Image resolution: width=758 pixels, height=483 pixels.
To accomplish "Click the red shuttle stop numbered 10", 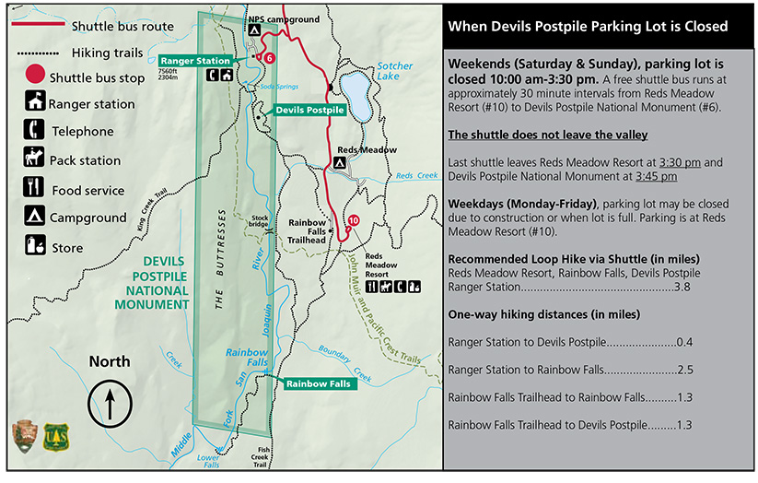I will tap(355, 220).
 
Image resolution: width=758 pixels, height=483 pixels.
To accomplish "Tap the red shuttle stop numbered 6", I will tap(269, 58).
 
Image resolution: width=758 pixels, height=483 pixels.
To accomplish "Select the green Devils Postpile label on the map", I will tap(310, 110).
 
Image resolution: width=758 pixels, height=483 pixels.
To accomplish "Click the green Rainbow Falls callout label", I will tap(317, 383).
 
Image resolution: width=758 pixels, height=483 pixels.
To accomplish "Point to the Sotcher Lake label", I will tap(395, 72).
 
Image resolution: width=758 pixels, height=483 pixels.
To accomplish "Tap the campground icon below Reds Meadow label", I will tap(340, 163).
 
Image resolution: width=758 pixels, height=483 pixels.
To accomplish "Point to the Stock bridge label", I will tap(259, 222).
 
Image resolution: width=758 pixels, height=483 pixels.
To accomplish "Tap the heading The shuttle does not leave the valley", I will tap(547, 135).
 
